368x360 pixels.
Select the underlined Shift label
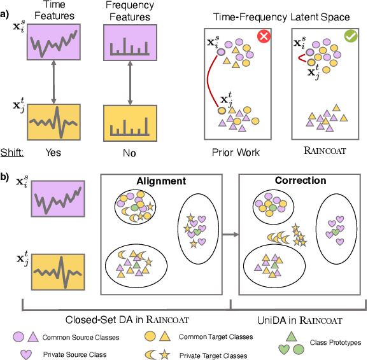[x=13, y=153]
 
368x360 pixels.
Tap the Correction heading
[x=300, y=181]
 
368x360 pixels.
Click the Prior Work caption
[x=236, y=153]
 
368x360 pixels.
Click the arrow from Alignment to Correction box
[x=232, y=235]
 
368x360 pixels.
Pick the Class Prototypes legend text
[x=336, y=342]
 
